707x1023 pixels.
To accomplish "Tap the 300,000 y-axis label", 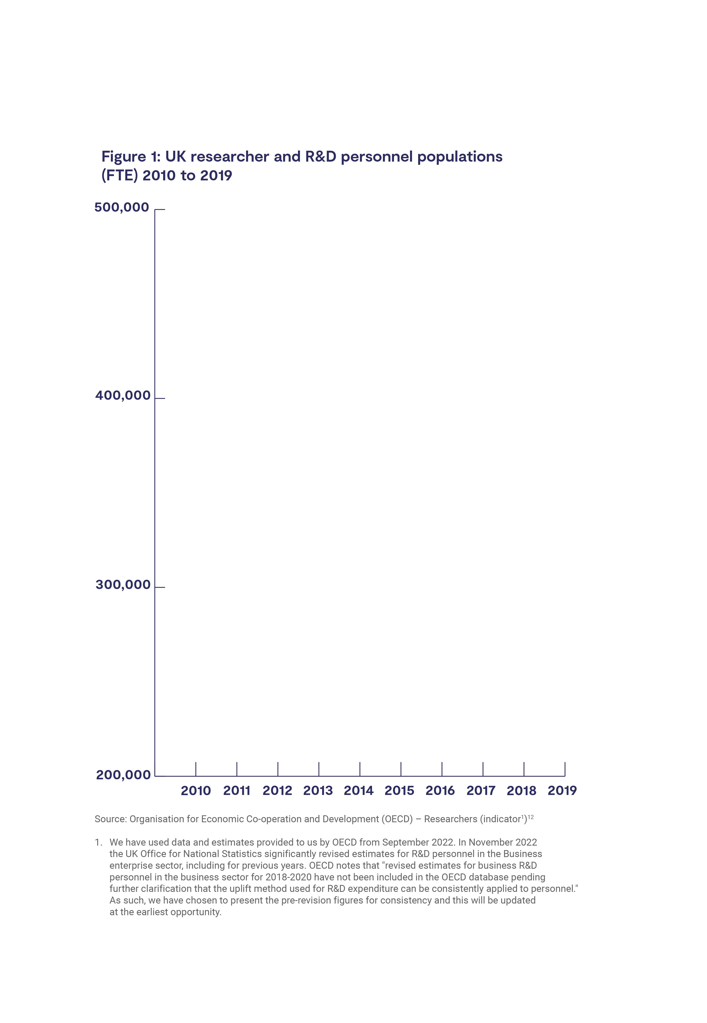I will click(x=123, y=585).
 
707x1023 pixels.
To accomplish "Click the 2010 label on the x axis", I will click(x=196, y=791).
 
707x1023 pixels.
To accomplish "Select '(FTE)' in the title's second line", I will click(x=120, y=176).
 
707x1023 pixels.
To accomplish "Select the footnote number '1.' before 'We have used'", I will click(x=98, y=842).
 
